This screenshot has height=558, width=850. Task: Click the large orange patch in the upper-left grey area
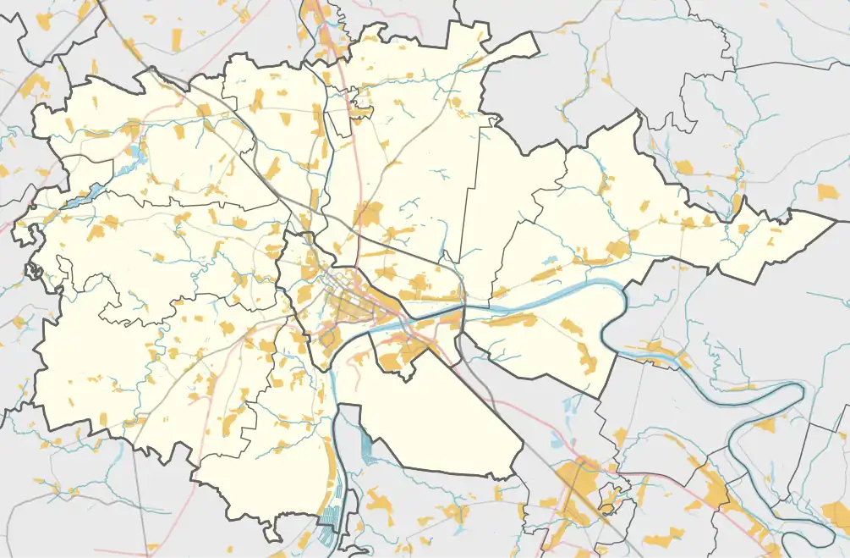pos(36,85)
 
